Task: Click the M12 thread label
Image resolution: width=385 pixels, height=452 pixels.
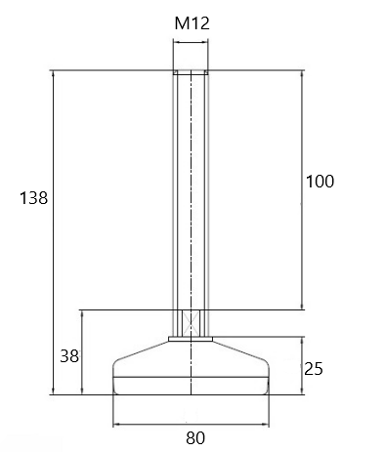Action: click(x=192, y=23)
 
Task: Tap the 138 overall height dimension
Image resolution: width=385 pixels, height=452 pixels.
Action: click(x=33, y=198)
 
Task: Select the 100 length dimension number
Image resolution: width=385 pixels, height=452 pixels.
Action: click(x=320, y=182)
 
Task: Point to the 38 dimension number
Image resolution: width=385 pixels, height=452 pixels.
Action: click(x=69, y=356)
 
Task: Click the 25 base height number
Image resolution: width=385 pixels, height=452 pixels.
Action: click(x=313, y=369)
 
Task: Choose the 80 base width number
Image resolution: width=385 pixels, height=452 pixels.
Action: click(x=195, y=438)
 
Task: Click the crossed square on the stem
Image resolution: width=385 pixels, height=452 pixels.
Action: click(x=191, y=323)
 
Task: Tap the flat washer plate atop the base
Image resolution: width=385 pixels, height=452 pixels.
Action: click(x=191, y=339)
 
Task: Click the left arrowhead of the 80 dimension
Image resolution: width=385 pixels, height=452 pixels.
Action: click(x=116, y=425)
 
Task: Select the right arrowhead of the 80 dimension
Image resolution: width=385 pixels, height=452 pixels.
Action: click(x=266, y=425)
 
